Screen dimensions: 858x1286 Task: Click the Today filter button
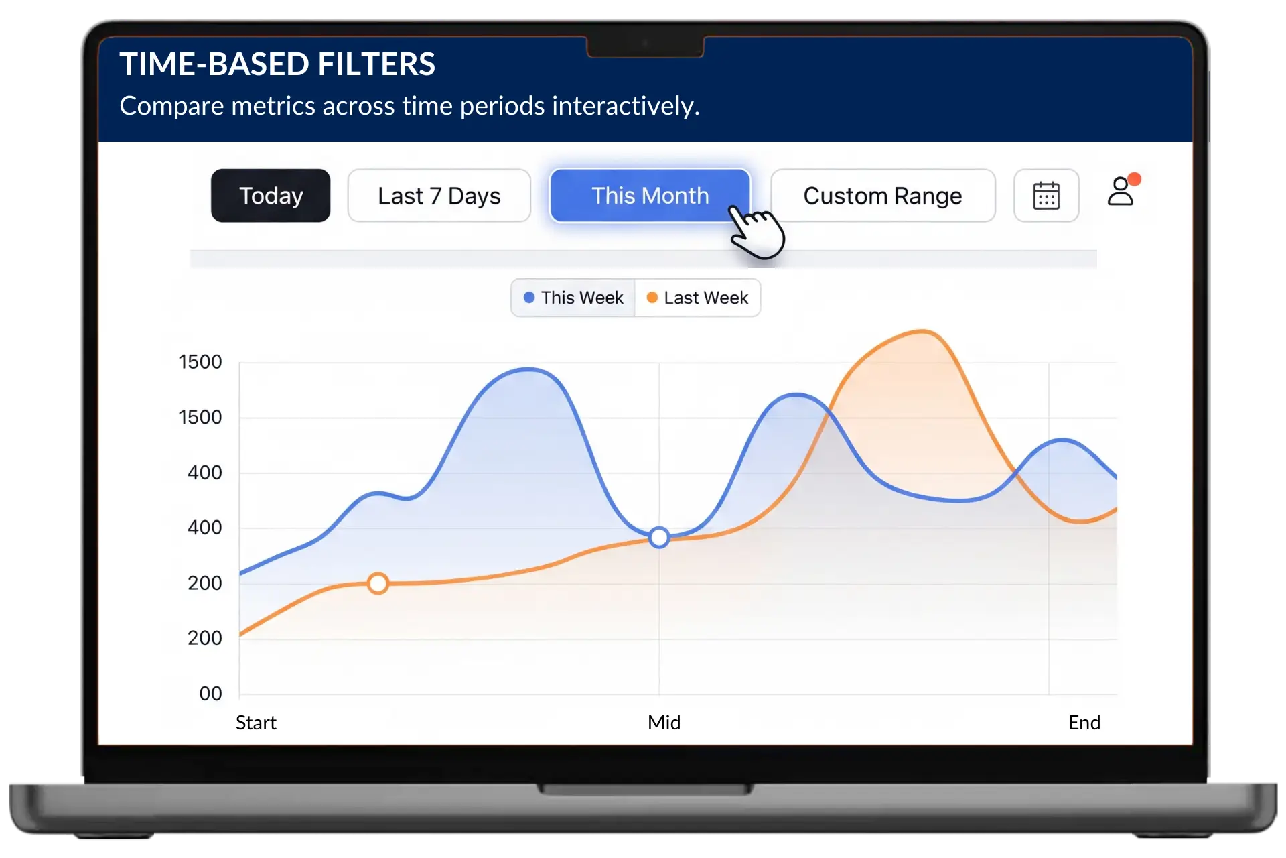coord(271,196)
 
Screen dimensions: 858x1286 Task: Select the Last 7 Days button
coord(439,196)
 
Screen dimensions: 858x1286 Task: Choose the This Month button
coord(649,196)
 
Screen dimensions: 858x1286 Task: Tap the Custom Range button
coord(882,196)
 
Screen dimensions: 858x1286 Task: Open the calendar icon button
coord(1046,196)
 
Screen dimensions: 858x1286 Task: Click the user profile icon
coord(1120,192)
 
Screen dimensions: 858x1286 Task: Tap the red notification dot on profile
coord(1134,179)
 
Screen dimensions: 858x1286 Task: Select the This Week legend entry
coord(573,298)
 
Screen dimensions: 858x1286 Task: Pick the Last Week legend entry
coord(697,298)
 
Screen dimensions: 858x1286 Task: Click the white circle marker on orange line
coord(378,584)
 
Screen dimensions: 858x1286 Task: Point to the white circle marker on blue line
coord(659,537)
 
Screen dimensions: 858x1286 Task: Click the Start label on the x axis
coord(256,723)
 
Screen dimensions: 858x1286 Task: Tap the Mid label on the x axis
coord(664,723)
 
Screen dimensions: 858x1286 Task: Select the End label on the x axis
coord(1084,723)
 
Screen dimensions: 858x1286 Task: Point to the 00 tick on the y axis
coord(210,694)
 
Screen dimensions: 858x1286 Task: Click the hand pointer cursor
coord(756,231)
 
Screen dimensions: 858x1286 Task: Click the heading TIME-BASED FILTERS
coord(277,64)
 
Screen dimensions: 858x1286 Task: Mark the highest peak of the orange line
coord(922,331)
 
